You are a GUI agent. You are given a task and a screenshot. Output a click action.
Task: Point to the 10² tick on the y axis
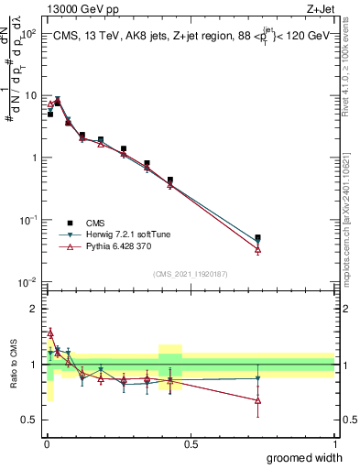pos(28,33)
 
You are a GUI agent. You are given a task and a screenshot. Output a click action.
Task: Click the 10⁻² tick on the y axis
pos(28,281)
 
